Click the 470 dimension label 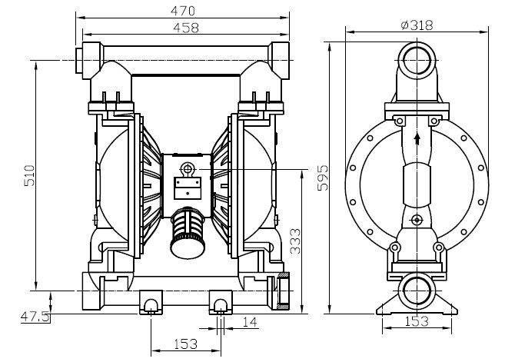(x=183, y=11)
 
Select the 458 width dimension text (x=186, y=28)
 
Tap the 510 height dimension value (x=29, y=175)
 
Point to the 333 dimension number (x=294, y=241)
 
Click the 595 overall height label (x=323, y=178)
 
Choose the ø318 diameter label (x=417, y=25)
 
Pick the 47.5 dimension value (x=35, y=316)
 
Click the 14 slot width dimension (x=250, y=322)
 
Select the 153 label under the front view (x=185, y=344)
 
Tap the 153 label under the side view (x=416, y=321)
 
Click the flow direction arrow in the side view (x=417, y=138)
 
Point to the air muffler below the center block (x=187, y=233)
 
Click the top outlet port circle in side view (x=417, y=60)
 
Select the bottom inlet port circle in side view (x=417, y=291)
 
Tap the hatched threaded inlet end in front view (x=284, y=291)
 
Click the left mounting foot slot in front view (x=151, y=306)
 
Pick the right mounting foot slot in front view (x=221, y=306)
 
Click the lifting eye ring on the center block (x=187, y=168)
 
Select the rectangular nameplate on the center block (x=188, y=188)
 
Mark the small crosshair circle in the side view (x=417, y=220)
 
